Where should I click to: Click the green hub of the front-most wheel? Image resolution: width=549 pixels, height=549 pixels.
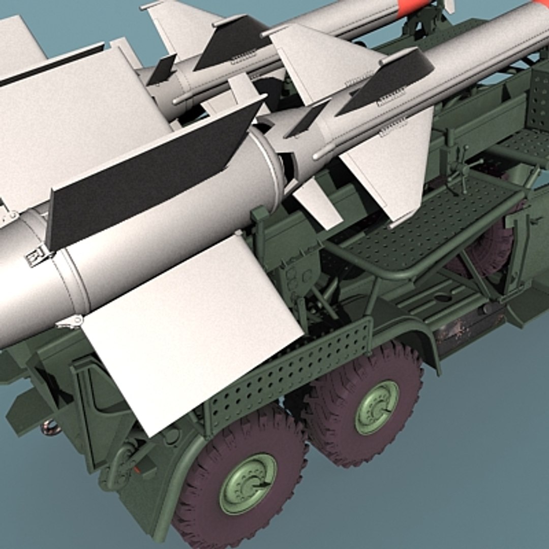click(x=248, y=483)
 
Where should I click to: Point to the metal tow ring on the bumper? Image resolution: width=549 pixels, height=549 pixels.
click(x=51, y=426)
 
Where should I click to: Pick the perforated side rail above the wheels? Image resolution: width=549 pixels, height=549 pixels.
click(x=290, y=372)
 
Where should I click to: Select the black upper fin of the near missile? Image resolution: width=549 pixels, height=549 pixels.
click(x=386, y=81)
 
